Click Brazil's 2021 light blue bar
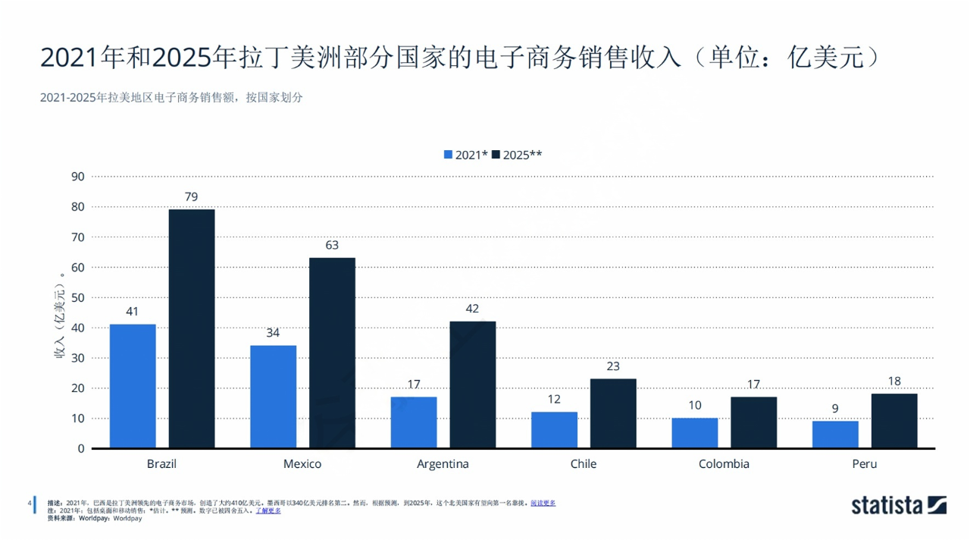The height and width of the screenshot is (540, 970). (x=133, y=386)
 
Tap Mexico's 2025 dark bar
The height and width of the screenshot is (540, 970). (x=332, y=353)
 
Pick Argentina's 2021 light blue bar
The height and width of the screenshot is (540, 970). (x=414, y=422)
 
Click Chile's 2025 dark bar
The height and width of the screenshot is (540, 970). (x=613, y=413)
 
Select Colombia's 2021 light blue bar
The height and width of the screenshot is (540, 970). (x=695, y=433)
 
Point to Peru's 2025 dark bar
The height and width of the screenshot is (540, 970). (x=894, y=421)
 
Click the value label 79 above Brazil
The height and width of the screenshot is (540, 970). (x=191, y=197)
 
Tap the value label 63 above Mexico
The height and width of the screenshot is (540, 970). (x=332, y=246)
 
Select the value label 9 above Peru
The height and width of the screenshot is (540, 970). (x=835, y=409)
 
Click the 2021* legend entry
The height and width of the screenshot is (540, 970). (x=465, y=155)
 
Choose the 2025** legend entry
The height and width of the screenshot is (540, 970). (x=517, y=155)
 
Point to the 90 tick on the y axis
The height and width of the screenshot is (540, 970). (x=77, y=177)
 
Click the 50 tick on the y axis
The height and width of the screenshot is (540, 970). (x=77, y=297)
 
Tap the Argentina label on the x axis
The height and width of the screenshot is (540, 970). (x=443, y=464)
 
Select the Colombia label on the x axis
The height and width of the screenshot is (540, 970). (x=724, y=464)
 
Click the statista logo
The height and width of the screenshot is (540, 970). (x=899, y=505)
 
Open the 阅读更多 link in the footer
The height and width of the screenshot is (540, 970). (x=543, y=503)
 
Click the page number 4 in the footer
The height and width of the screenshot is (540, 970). (x=29, y=503)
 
